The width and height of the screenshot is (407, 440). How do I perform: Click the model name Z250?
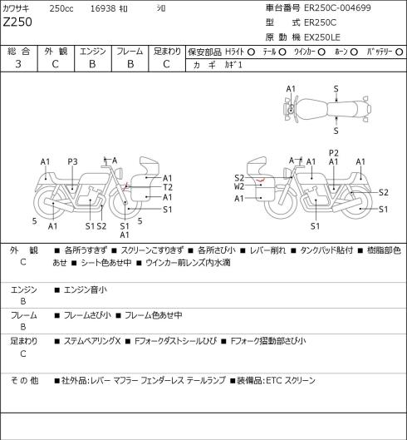pyautogui.click(x=17, y=22)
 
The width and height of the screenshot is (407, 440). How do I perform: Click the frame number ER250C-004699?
pyautogui.click(x=337, y=7)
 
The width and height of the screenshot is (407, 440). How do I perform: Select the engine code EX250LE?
pyautogui.click(x=322, y=37)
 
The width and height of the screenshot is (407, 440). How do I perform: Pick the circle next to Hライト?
pyautogui.click(x=251, y=52)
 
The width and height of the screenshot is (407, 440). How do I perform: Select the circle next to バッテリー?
pyautogui.click(x=400, y=52)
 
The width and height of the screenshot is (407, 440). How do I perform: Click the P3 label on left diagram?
pyautogui.click(x=72, y=161)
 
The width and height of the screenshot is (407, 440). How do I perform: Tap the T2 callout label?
pyautogui.click(x=168, y=187)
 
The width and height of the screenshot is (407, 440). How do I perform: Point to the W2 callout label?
pyautogui.click(x=239, y=186)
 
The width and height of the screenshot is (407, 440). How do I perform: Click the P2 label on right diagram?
pyautogui.click(x=334, y=153)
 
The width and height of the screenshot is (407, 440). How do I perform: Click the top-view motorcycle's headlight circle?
pyautogui.click(x=292, y=110)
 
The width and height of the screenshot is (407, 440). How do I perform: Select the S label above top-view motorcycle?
pyautogui.click(x=336, y=89)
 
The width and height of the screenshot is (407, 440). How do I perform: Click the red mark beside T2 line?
pyautogui.click(x=127, y=186)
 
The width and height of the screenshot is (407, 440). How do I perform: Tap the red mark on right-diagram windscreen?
pyautogui.click(x=261, y=180)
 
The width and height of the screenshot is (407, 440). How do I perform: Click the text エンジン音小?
pyautogui.click(x=86, y=289)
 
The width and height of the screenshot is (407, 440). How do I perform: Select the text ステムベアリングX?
pyautogui.click(x=92, y=341)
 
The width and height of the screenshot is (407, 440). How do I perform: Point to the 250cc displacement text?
pyautogui.click(x=61, y=8)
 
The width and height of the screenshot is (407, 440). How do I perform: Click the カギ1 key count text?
pyautogui.click(x=233, y=65)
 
